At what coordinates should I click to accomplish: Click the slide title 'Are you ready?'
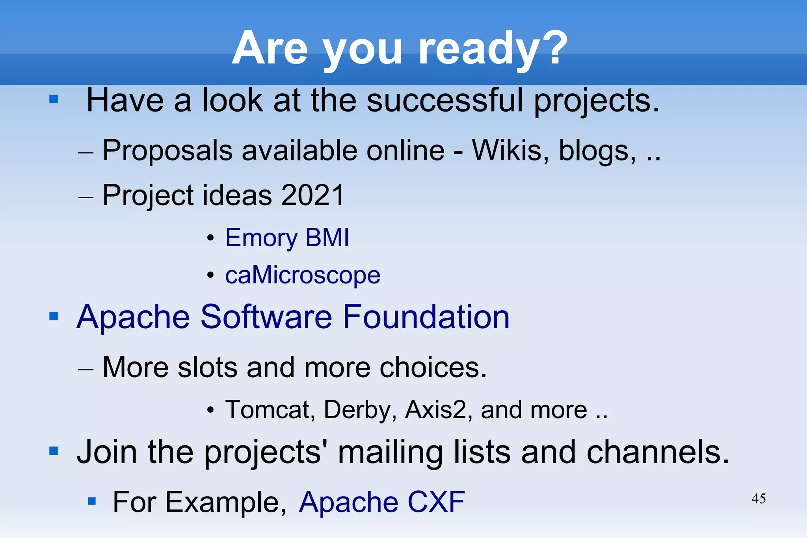[x=400, y=49]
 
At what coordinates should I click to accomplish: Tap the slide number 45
[x=759, y=499]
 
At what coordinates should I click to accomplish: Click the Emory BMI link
[x=287, y=238]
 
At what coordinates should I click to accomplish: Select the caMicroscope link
[x=303, y=275]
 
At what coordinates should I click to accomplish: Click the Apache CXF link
[x=382, y=502]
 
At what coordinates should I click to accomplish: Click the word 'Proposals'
[x=167, y=151]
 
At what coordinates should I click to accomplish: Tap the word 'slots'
[x=208, y=367]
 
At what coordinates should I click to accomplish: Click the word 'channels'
[x=657, y=452]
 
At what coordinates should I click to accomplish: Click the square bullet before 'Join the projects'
[x=54, y=451]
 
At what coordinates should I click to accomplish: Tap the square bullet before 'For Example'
[x=92, y=501]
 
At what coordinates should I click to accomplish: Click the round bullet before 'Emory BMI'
[x=211, y=238]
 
